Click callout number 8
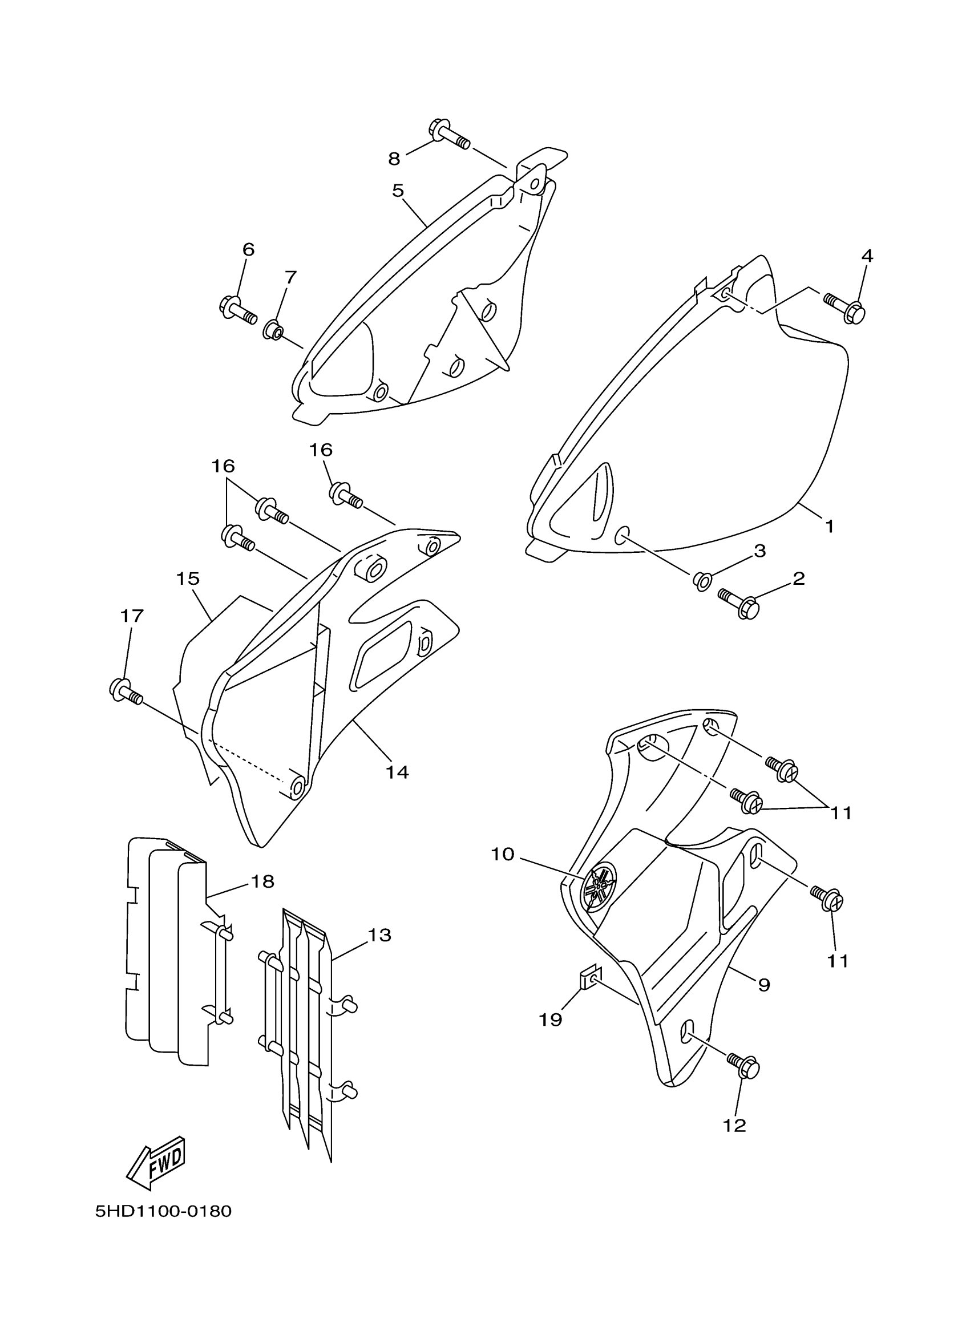(x=394, y=158)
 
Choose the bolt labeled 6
(x=237, y=310)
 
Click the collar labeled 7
(x=273, y=329)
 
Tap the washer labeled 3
(x=701, y=581)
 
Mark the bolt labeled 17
(x=125, y=691)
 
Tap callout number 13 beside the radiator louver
(x=379, y=935)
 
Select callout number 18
(x=262, y=881)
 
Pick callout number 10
(x=503, y=854)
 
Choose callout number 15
(x=188, y=579)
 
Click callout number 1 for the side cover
(x=829, y=525)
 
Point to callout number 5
(x=397, y=191)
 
